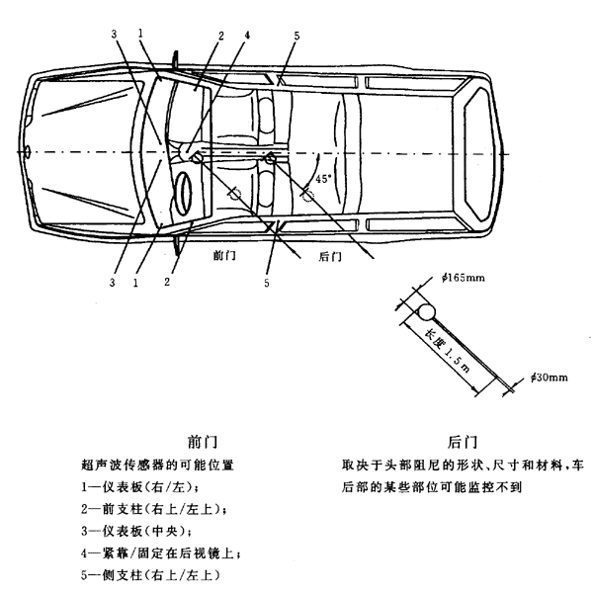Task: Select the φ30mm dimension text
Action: click(x=552, y=378)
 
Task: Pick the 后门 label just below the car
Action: click(x=331, y=256)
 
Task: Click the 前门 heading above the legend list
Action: click(x=202, y=442)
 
